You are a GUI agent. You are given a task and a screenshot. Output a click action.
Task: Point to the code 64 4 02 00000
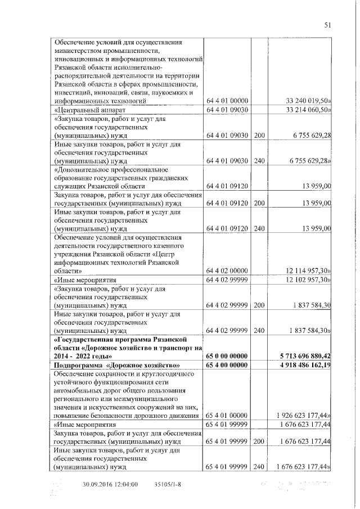pos(227,271)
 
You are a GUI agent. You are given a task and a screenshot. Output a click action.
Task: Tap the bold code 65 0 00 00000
pos(227,356)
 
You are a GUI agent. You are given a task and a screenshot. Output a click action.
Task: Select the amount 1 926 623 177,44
pos(304,416)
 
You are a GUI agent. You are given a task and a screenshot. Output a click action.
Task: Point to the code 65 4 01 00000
pos(227,416)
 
